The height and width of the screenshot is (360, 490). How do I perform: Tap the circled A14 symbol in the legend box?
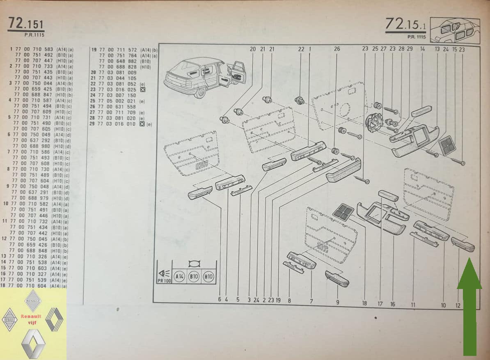179,277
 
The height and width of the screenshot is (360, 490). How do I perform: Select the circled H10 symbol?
208,277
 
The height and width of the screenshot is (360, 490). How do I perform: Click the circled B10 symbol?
193,277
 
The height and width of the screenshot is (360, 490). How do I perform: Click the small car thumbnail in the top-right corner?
454,30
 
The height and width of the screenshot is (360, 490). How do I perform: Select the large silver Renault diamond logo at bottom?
33,343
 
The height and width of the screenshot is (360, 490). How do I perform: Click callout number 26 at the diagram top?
337,49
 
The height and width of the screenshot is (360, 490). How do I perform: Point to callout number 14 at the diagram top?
422,49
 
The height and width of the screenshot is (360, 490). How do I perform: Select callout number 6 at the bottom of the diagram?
220,300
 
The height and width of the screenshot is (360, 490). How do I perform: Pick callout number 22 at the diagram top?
301,49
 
